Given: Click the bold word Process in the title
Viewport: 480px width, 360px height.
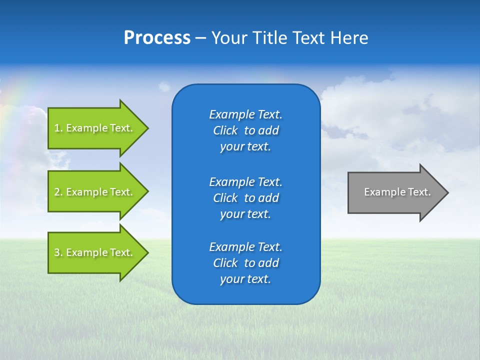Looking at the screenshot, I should tap(157, 38).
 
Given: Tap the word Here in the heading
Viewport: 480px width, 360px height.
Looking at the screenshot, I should tap(349, 38).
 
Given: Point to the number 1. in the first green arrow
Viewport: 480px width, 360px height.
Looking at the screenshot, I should tap(58, 128).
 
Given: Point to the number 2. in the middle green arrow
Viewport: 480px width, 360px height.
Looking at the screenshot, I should tap(58, 192).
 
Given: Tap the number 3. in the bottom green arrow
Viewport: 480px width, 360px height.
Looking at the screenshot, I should tap(58, 252).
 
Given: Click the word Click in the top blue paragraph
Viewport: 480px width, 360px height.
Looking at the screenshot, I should tap(225, 130).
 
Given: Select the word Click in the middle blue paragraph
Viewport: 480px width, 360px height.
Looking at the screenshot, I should tap(225, 198).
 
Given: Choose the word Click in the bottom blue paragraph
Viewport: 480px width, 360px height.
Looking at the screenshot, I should tap(225, 263).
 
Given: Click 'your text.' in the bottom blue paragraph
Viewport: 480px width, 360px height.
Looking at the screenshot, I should tap(245, 279).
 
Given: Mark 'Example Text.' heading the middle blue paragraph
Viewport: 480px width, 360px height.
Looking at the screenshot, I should tap(245, 182).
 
